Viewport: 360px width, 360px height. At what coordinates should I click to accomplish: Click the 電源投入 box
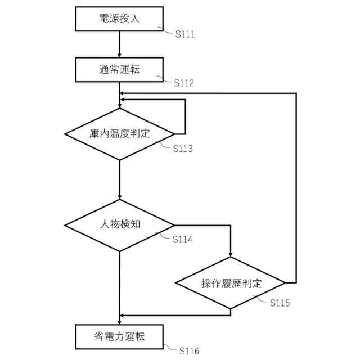click(x=119, y=19)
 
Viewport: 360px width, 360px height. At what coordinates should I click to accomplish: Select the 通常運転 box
click(x=119, y=69)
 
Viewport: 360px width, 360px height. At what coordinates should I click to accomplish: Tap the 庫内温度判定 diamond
click(x=119, y=134)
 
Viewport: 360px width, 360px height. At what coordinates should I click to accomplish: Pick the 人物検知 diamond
click(x=119, y=224)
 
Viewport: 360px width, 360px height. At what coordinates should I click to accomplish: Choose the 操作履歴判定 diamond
click(x=231, y=283)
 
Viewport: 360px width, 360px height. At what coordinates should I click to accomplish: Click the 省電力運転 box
click(x=119, y=336)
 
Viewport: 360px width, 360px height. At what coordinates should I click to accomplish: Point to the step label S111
click(x=185, y=34)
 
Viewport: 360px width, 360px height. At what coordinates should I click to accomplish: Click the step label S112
click(x=184, y=83)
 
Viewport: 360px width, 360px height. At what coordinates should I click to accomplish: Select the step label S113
click(x=183, y=149)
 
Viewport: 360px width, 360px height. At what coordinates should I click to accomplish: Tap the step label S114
click(x=183, y=240)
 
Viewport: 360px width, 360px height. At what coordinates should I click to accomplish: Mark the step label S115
click(x=280, y=303)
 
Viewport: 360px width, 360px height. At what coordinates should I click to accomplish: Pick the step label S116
click(x=189, y=352)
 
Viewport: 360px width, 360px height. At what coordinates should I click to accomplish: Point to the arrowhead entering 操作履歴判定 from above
click(x=231, y=254)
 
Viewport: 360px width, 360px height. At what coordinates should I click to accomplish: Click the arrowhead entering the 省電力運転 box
click(x=119, y=320)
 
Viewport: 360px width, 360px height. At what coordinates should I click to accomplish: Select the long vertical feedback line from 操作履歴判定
click(x=296, y=186)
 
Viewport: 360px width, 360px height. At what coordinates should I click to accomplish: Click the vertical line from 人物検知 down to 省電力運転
click(x=119, y=281)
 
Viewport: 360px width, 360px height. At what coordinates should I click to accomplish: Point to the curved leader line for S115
click(x=262, y=298)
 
